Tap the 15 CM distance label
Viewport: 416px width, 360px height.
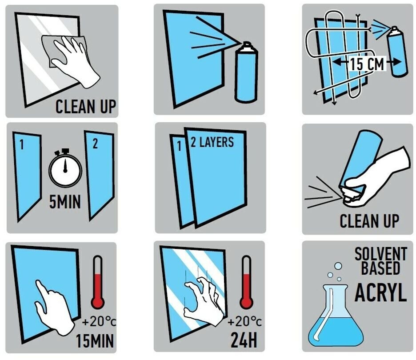coord(368,64)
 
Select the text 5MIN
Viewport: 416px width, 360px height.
coord(65,202)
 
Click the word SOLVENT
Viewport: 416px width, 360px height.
coord(381,254)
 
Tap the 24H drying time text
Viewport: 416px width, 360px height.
coord(244,340)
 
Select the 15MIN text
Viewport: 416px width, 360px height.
coord(95,340)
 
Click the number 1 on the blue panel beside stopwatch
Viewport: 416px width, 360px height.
coord(22,145)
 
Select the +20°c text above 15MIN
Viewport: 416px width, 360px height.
coord(99,322)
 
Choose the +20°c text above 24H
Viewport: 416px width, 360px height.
coord(244,322)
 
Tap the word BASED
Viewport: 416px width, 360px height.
coord(380,268)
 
